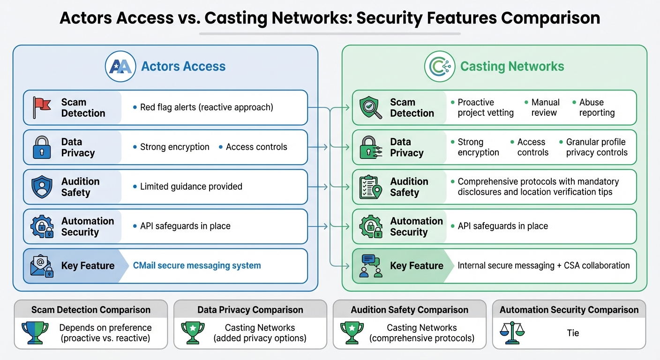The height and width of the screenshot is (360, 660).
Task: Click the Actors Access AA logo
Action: point(120,67)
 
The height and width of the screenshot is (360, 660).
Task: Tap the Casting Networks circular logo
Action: point(439,67)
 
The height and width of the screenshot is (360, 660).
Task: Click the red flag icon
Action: point(41,107)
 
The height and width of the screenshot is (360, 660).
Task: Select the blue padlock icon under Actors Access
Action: point(41,147)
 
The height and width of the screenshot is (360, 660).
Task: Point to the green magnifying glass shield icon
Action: point(370,107)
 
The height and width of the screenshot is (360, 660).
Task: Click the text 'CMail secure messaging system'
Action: point(197,266)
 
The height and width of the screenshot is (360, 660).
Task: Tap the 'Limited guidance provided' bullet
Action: point(191,187)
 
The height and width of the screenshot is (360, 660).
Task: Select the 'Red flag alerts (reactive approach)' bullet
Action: point(206,107)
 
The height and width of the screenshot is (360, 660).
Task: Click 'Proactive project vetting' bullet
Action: point(485,107)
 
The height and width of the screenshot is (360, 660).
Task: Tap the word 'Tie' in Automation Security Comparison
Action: point(573,333)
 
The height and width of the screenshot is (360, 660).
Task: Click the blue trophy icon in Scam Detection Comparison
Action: point(35,333)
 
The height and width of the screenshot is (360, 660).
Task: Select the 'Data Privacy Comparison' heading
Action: point(250,310)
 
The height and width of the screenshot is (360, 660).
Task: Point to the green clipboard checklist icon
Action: point(370,187)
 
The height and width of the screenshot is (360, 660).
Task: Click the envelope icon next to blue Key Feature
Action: point(41,266)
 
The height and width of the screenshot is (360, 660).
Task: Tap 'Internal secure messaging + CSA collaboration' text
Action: point(543,266)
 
